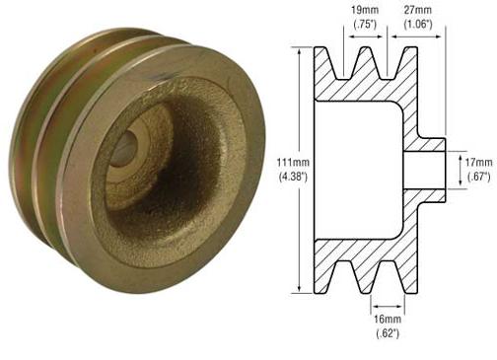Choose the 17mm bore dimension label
477,159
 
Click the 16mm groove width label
387,322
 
